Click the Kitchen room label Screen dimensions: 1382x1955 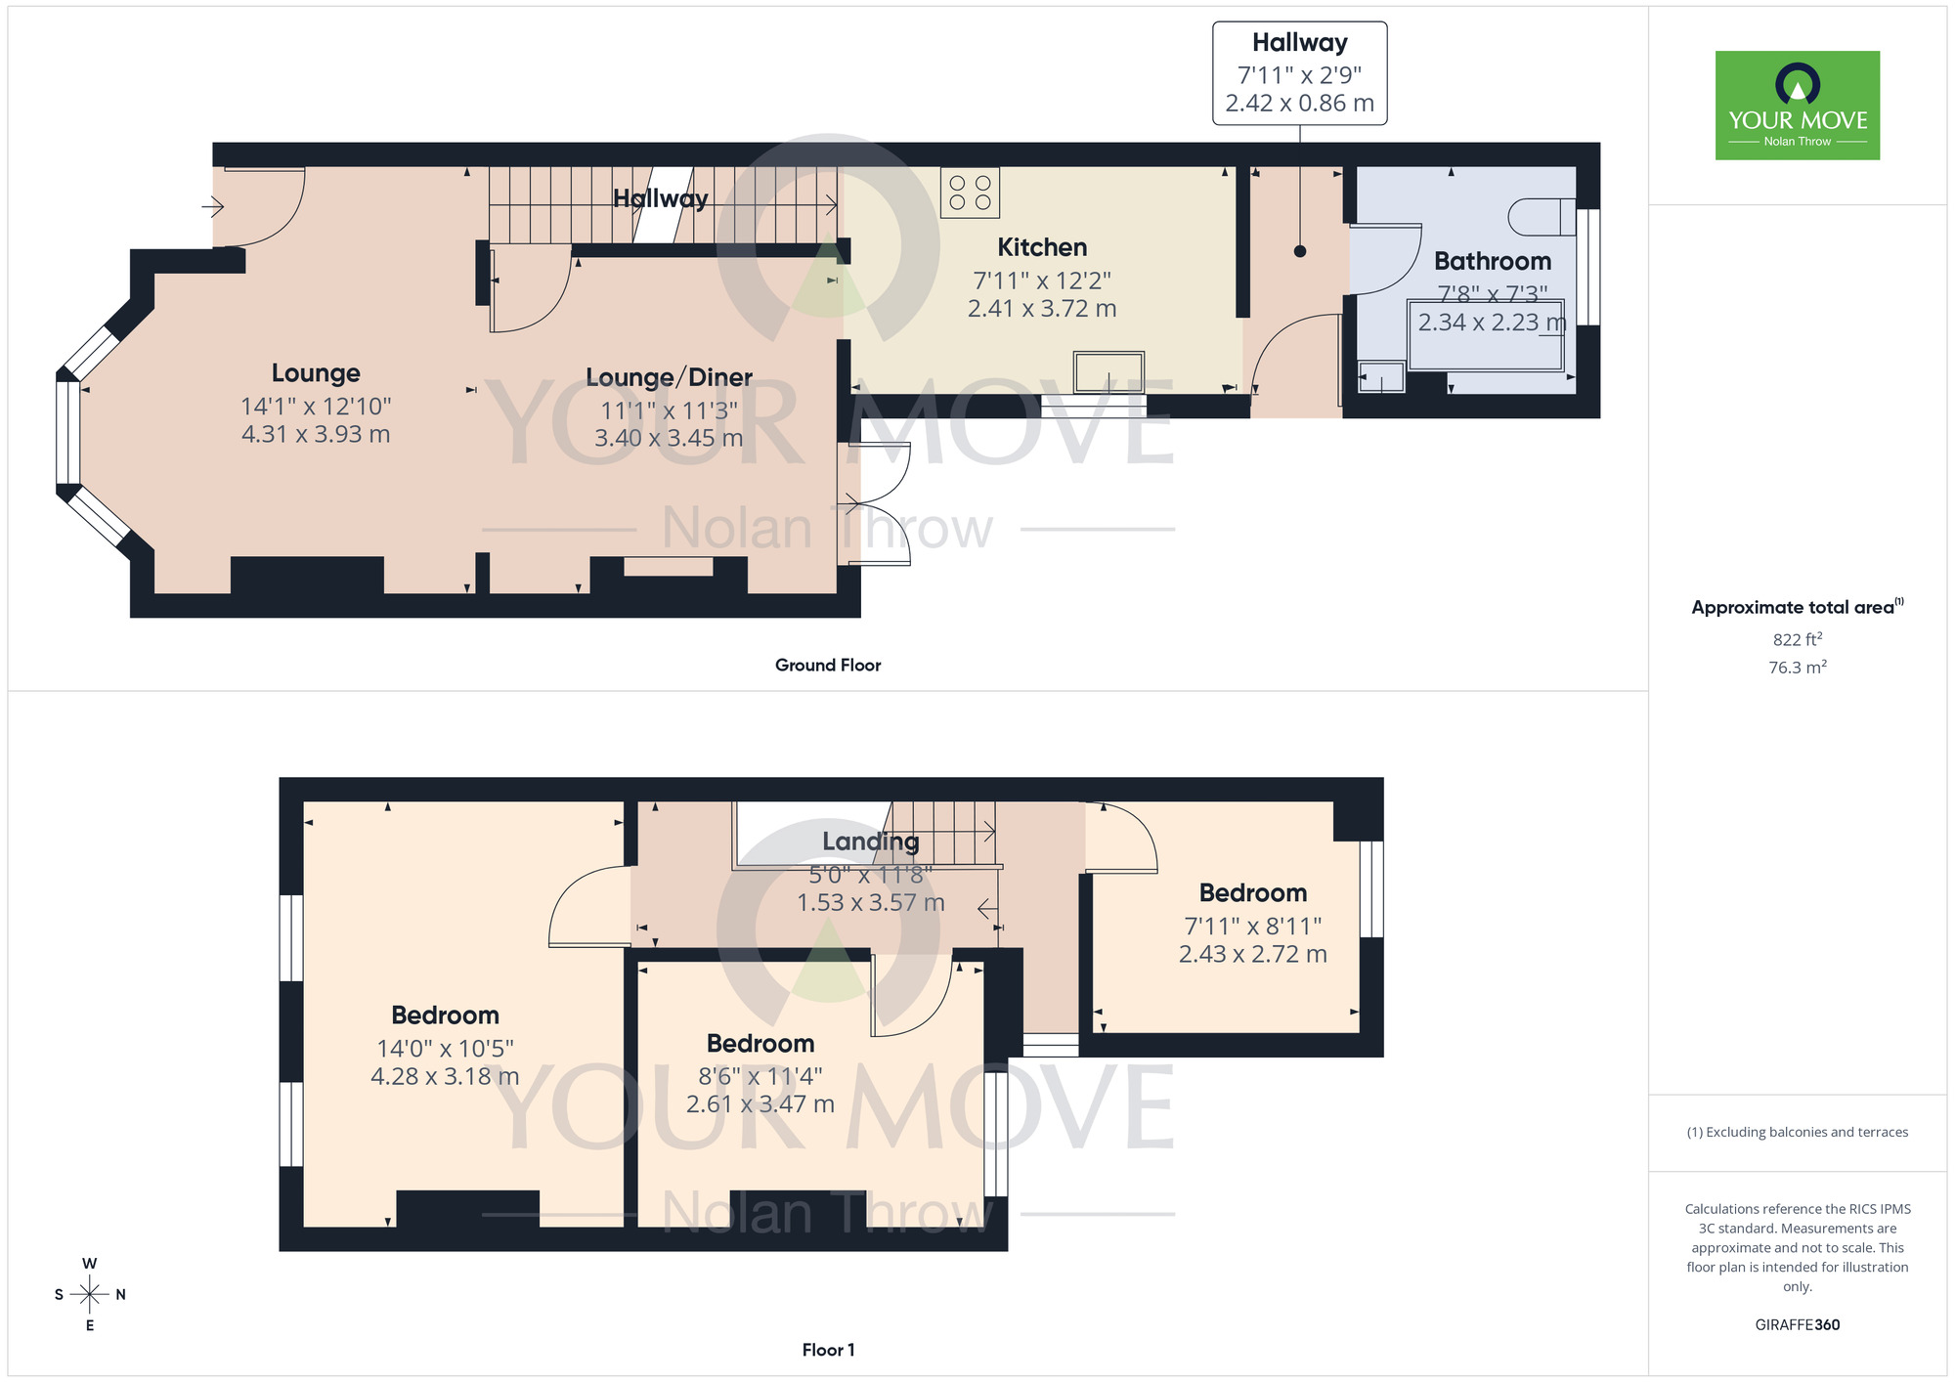1042,247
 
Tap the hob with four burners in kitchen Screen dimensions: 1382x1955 970,193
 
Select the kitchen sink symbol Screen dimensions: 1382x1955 1108,372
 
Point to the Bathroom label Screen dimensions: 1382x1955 1492,261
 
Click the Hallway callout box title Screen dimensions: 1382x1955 1299,43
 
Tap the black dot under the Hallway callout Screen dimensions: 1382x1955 1299,251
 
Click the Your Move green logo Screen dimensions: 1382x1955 1797,106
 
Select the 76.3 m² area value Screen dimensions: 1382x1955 1797,668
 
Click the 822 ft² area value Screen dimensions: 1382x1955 1797,640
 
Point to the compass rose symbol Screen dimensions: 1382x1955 89,1295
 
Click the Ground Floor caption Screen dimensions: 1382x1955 827,666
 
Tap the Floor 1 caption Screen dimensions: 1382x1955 827,1350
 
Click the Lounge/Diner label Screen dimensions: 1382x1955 669,377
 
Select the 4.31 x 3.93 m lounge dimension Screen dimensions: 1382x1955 316,434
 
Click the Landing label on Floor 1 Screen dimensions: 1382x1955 870,842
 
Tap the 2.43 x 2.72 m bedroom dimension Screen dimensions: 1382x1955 1252,954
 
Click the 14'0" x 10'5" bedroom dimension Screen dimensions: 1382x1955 445,1049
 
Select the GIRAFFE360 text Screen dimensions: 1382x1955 1797,1325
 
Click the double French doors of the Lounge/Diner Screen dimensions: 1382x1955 876,503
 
